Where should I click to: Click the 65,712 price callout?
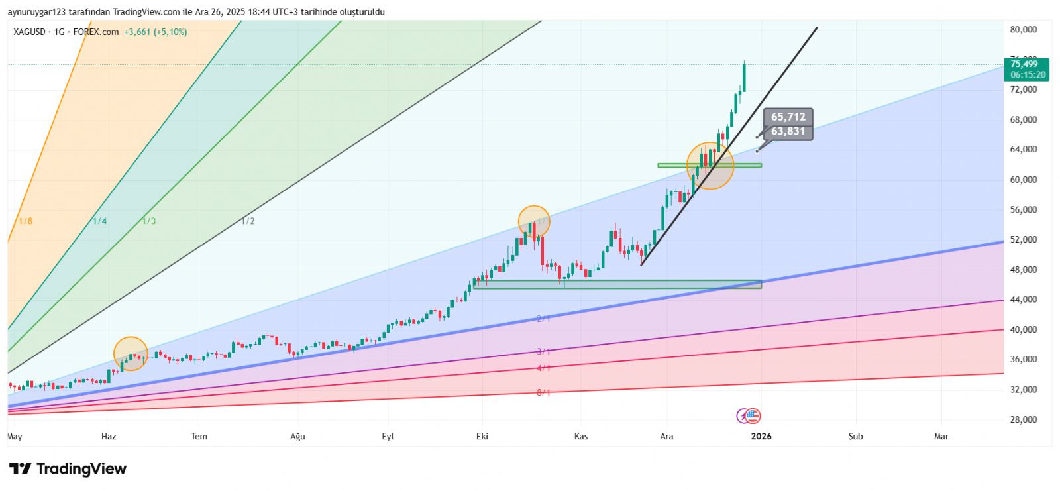788,117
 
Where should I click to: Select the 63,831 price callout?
788,131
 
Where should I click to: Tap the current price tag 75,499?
1024,64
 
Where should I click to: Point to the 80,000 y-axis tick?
1023,29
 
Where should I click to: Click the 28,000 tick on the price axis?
1023,419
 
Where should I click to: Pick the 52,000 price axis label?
1023,239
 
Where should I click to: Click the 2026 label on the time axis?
761,436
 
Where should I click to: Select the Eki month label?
482,436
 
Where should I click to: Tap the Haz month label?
109,436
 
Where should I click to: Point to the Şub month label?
855,436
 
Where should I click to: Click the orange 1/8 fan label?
25,221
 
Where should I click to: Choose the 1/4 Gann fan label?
99,221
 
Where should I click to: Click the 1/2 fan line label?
248,221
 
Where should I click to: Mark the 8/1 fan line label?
543,392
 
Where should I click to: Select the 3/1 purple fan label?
543,351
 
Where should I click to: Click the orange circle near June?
131,354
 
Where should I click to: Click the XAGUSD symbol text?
30,32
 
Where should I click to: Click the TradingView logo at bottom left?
68,469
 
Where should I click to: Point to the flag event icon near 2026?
753,416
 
